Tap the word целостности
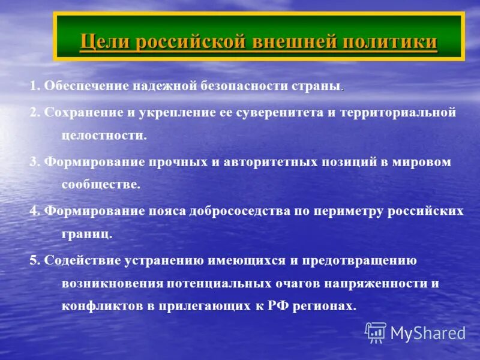click(103, 136)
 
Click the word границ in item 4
click(86, 234)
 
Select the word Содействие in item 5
click(80, 260)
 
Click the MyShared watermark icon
click(376, 332)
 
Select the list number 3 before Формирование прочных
click(33, 163)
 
